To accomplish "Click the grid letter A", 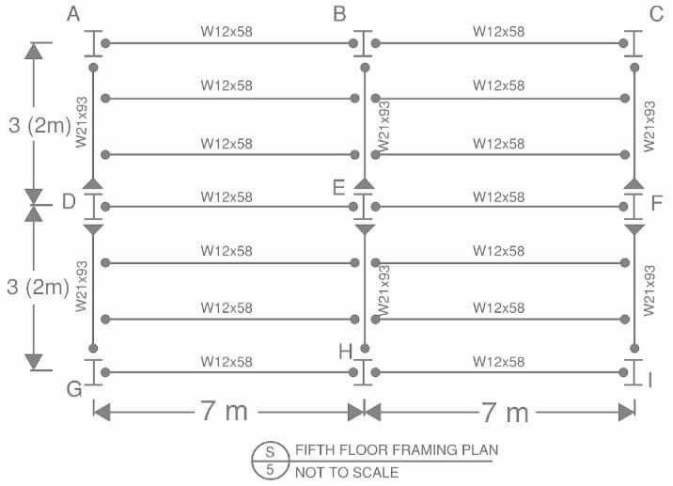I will point(75,14).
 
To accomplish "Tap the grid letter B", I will point(340,14).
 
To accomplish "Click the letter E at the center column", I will point(340,187).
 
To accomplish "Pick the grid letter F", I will point(657,203).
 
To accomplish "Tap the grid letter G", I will point(75,389).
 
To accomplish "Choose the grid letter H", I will point(345,352).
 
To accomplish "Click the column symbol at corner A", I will point(93,43).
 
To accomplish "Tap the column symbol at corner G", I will point(93,372).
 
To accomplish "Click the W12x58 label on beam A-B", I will point(227,31).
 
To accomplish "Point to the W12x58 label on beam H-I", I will point(498,361).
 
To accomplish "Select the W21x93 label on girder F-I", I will point(648,289).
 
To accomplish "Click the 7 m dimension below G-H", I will point(227,412).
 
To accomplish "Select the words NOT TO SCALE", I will point(347,472).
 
